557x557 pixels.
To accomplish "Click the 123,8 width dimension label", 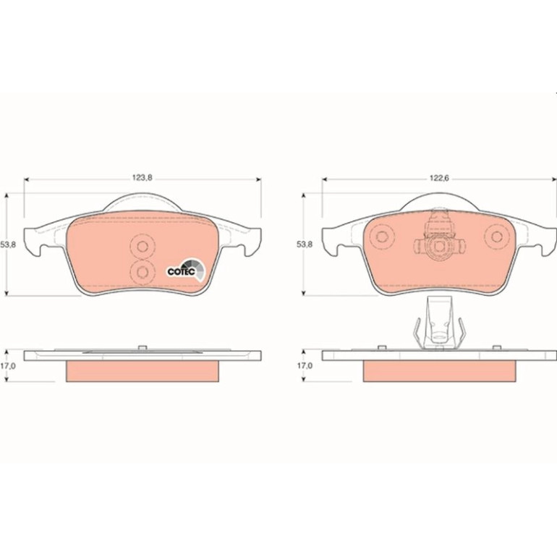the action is pyautogui.click(x=143, y=178).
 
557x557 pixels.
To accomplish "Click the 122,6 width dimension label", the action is pyautogui.click(x=440, y=179).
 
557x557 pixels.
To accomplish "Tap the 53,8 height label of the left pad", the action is pyautogui.click(x=8, y=245).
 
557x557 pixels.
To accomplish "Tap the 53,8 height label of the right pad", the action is pyautogui.click(x=305, y=245).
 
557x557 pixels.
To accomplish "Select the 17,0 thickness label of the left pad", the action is pyautogui.click(x=8, y=366).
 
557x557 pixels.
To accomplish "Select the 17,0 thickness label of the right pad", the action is pyautogui.click(x=305, y=365).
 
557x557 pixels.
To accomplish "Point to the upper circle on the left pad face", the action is pyautogui.click(x=143, y=246).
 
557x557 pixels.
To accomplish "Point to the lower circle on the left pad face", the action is pyautogui.click(x=143, y=272).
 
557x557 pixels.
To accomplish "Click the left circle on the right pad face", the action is pyautogui.click(x=382, y=237).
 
